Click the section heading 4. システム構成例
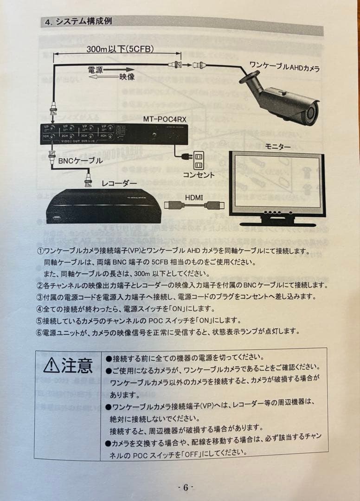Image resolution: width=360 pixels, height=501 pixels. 78,22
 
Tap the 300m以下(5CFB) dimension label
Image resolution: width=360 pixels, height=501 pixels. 120,49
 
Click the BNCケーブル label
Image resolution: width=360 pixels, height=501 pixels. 81,161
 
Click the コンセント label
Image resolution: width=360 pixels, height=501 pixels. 199,175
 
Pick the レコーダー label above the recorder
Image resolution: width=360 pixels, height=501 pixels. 119,184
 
